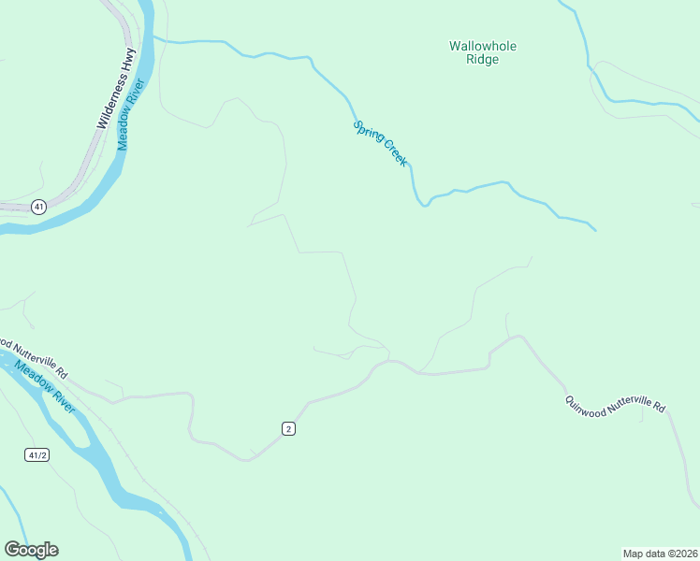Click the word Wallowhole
coord(483,46)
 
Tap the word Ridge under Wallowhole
coord(483,60)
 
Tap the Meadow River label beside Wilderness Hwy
coord(130,115)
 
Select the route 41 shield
coord(37,207)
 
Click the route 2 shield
coord(289,428)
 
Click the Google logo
coord(31,550)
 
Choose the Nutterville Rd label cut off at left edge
coord(34,356)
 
